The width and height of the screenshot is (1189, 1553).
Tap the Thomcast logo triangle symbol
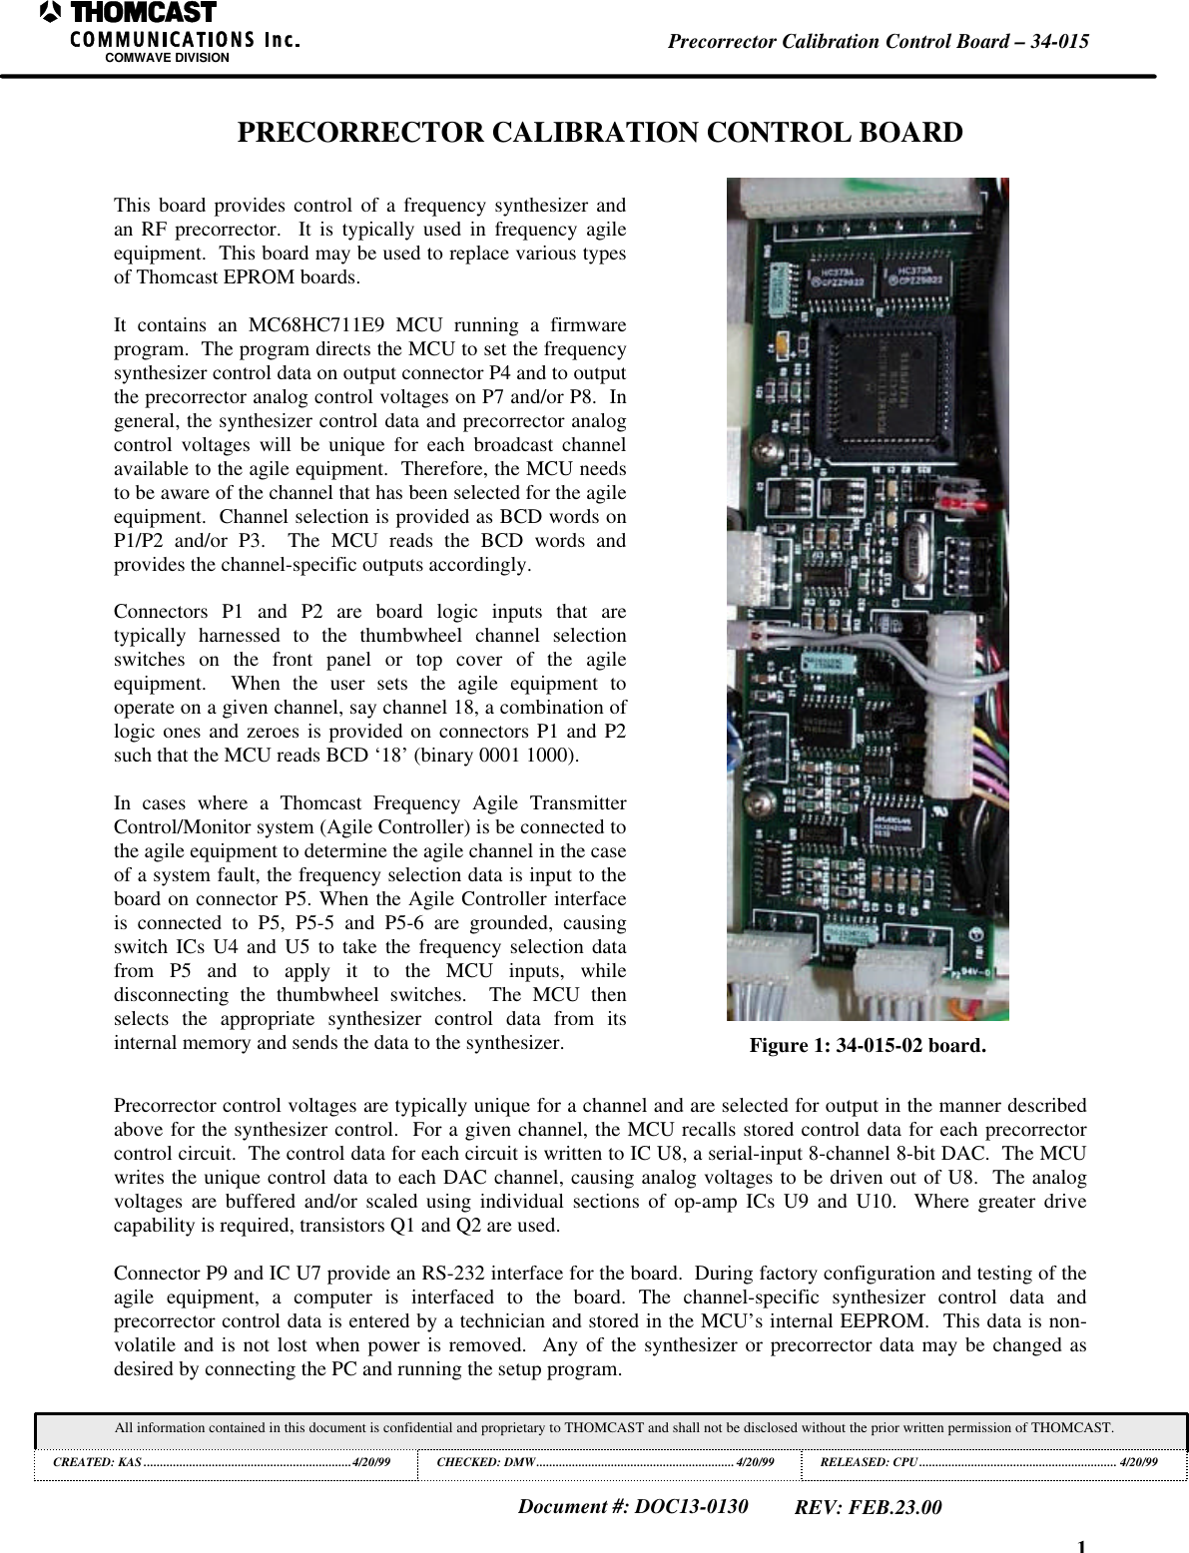click(51, 13)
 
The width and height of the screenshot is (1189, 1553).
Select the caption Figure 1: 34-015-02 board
click(867, 1046)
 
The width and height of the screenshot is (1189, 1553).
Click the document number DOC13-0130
click(690, 1506)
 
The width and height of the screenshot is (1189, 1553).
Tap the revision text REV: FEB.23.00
click(867, 1507)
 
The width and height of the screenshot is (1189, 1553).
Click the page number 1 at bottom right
click(1081, 1546)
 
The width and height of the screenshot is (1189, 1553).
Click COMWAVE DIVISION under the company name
click(167, 58)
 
